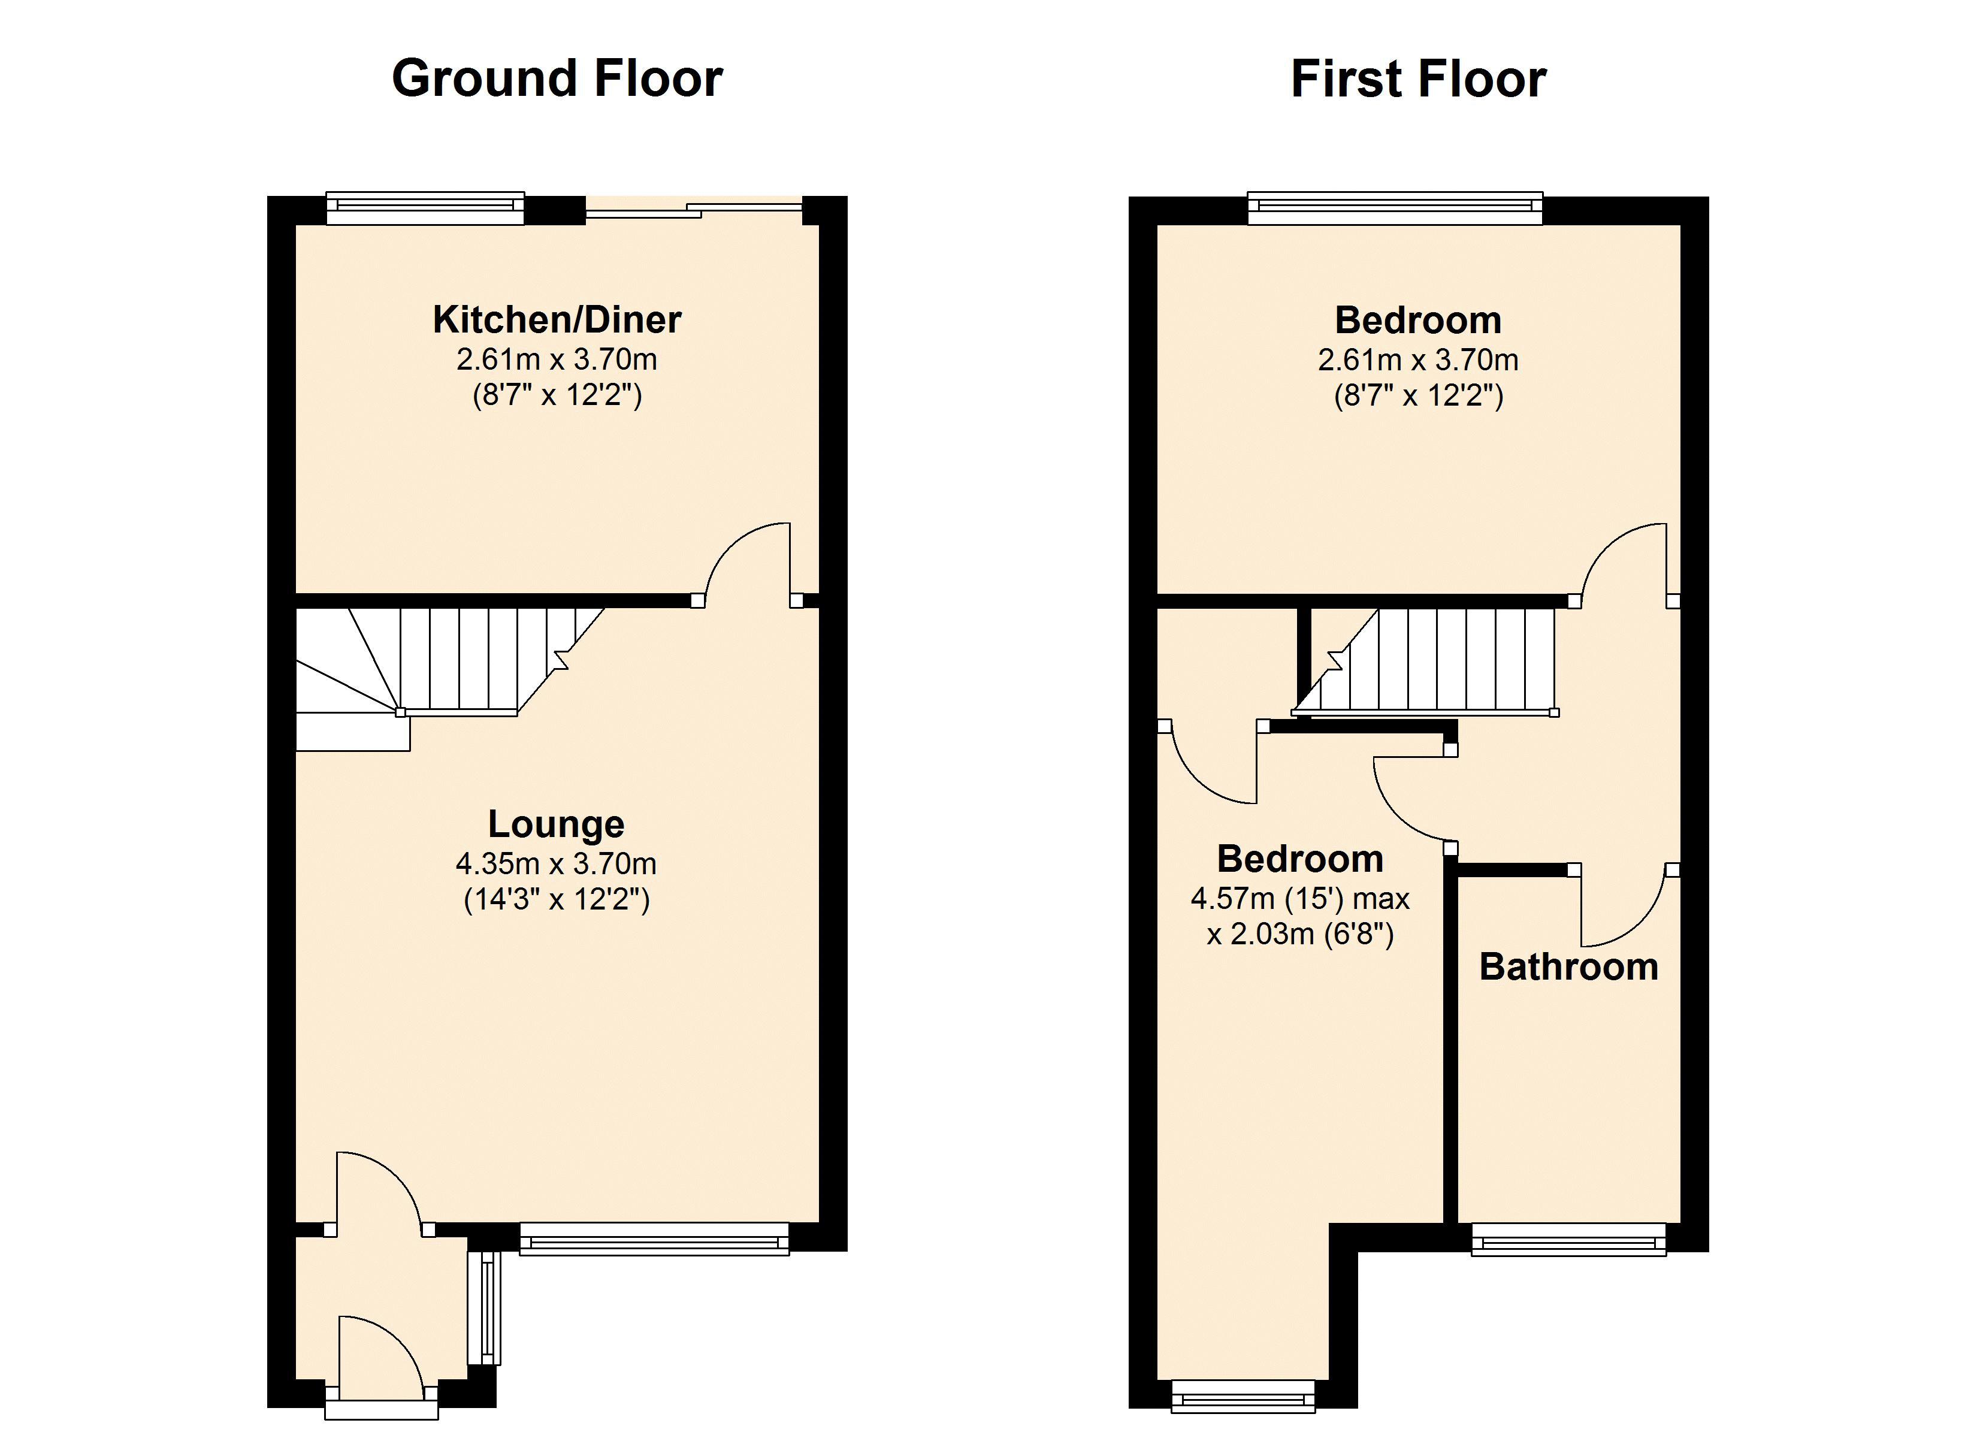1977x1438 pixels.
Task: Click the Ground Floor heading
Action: click(x=557, y=78)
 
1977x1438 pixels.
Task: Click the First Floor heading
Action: click(x=1418, y=78)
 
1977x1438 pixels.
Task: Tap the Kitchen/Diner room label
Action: click(x=557, y=319)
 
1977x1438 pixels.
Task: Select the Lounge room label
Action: click(x=556, y=824)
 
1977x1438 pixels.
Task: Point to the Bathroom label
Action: click(x=1569, y=967)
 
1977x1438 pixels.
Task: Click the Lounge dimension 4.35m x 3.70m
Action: click(x=556, y=863)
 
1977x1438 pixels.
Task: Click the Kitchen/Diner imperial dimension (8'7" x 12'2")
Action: click(x=557, y=396)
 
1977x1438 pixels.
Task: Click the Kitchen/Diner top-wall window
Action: click(x=425, y=207)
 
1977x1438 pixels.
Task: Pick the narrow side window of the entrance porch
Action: click(x=485, y=1308)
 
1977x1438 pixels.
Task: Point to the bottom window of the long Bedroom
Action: click(x=1243, y=1395)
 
